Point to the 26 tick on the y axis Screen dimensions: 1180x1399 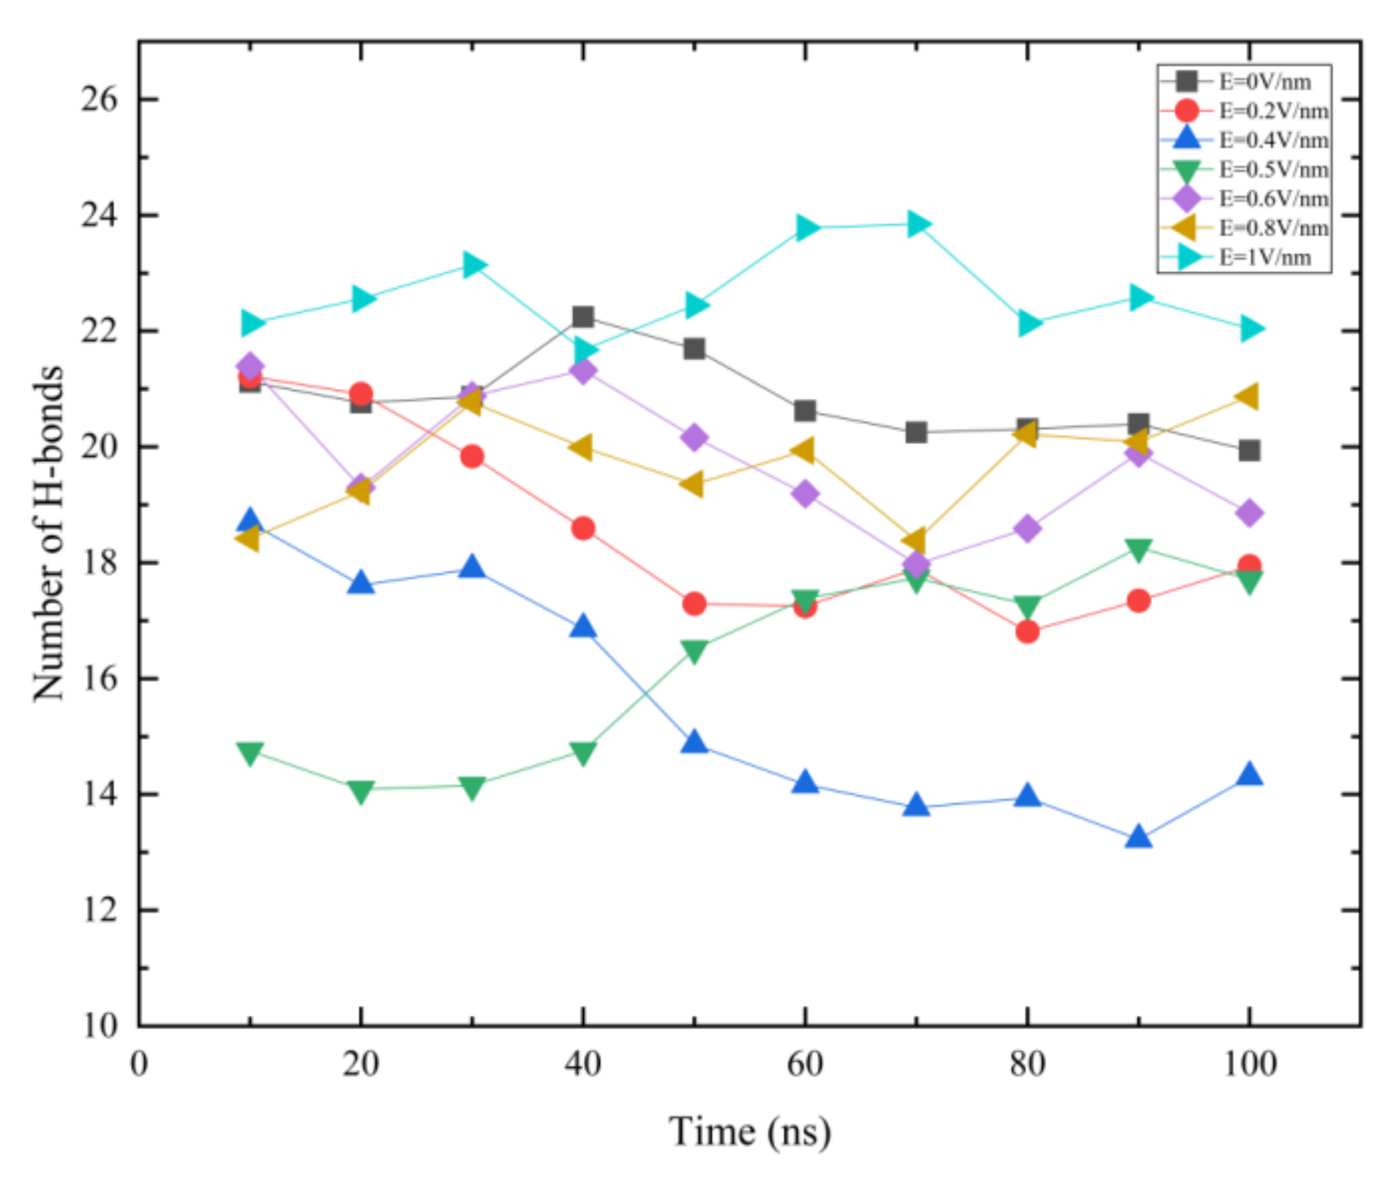(x=99, y=99)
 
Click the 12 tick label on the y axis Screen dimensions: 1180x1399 (x=99, y=910)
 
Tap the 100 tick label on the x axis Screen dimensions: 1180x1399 (x=1250, y=1064)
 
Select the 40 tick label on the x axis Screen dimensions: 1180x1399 (x=582, y=1064)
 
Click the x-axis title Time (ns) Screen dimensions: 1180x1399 (x=749, y=1132)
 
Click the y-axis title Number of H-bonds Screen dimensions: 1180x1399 (x=48, y=533)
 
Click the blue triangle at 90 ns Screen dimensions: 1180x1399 (x=1139, y=837)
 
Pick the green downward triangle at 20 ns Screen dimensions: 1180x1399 (x=361, y=791)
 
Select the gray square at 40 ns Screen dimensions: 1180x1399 (x=583, y=317)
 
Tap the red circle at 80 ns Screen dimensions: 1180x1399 (x=1027, y=631)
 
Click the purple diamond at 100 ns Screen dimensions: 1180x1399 (x=1250, y=512)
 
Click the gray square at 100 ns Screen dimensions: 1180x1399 (x=1250, y=450)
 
